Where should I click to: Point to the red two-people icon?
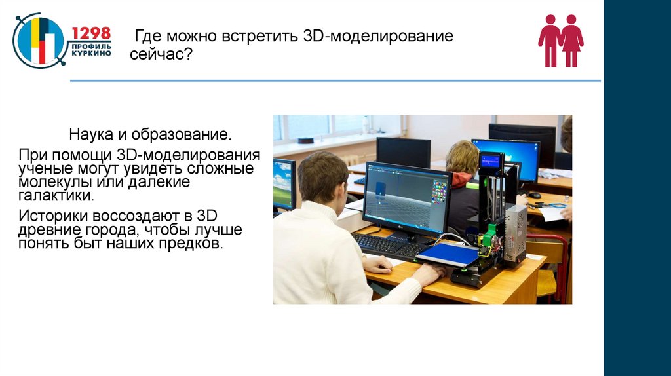(560, 41)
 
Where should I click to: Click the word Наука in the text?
(91, 136)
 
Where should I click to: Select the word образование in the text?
(180, 136)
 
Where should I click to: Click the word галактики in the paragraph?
(56, 195)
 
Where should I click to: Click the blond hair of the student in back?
(463, 156)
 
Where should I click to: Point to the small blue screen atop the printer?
(491, 160)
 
